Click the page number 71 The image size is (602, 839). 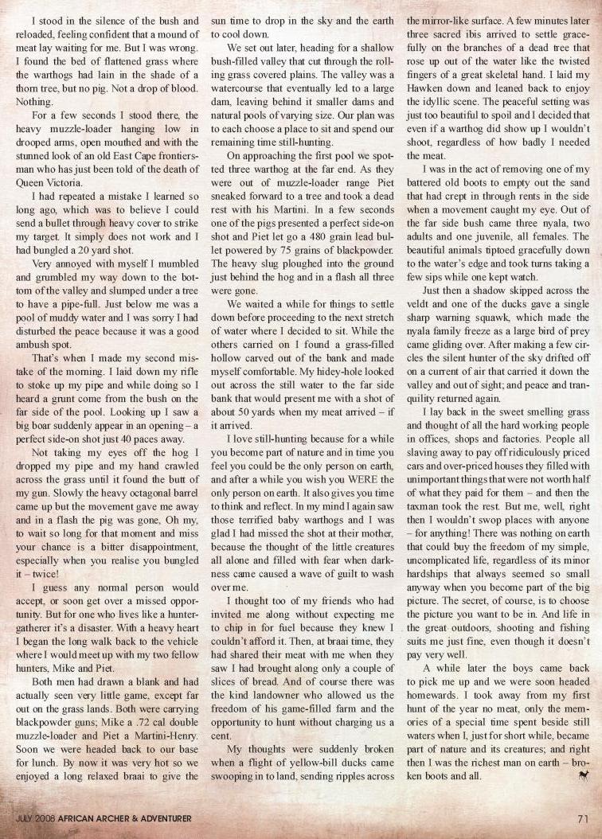[581, 816]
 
